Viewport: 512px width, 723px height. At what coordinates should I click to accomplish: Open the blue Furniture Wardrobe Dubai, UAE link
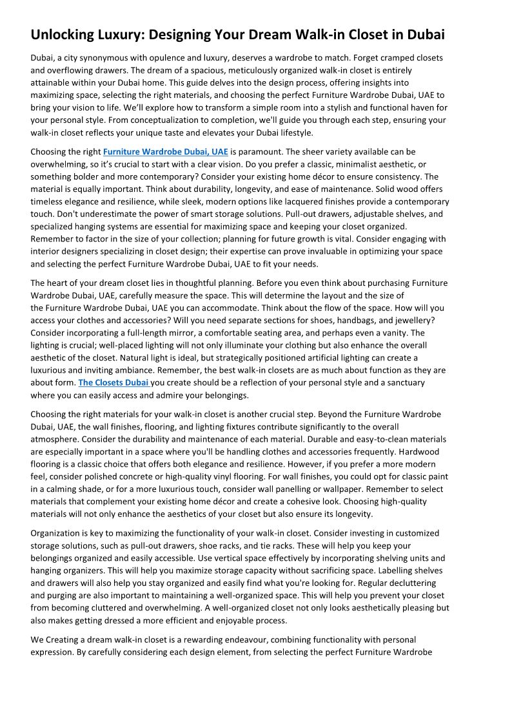click(166, 152)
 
